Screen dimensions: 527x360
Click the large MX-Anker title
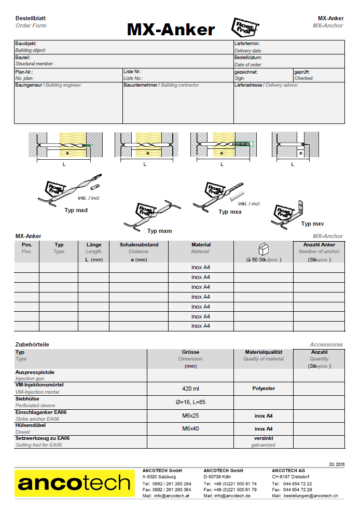[171, 30]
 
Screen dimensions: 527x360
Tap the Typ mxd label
[76, 210]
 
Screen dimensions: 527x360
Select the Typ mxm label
[159, 231]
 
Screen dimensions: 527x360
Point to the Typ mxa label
[230, 212]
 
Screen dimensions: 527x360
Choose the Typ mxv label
[313, 224]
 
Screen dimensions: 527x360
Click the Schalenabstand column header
[139, 245]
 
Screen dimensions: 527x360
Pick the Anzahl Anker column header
[318, 245]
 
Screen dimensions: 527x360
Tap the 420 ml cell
[190, 388]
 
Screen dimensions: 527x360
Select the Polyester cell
[264, 388]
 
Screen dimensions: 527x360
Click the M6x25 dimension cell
[190, 415]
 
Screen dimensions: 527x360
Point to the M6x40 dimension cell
[190, 429]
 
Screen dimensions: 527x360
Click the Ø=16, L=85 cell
[190, 402]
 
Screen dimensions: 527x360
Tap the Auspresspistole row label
[35, 372]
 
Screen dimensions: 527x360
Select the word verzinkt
[264, 438]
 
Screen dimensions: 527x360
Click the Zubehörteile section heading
[33, 344]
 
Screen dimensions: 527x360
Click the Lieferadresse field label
[248, 85]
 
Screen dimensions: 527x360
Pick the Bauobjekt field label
[26, 44]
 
